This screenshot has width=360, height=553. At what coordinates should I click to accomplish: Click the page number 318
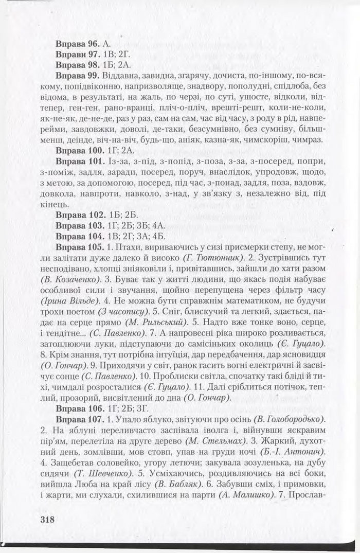click(x=46, y=520)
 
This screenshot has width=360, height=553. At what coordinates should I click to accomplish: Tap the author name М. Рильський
click(x=158, y=323)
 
